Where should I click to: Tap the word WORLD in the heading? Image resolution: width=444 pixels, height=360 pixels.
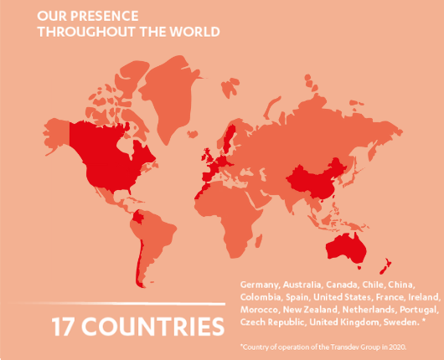click(196, 32)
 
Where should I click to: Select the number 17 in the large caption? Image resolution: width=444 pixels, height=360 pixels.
click(67, 326)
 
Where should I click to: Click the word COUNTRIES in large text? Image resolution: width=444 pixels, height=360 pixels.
click(160, 326)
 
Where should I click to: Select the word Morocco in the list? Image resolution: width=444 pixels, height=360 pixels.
click(257, 310)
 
